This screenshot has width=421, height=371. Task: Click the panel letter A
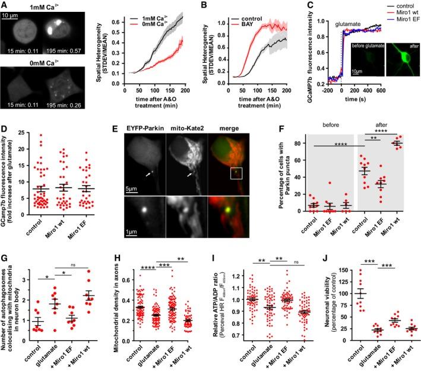coord(5,5)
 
